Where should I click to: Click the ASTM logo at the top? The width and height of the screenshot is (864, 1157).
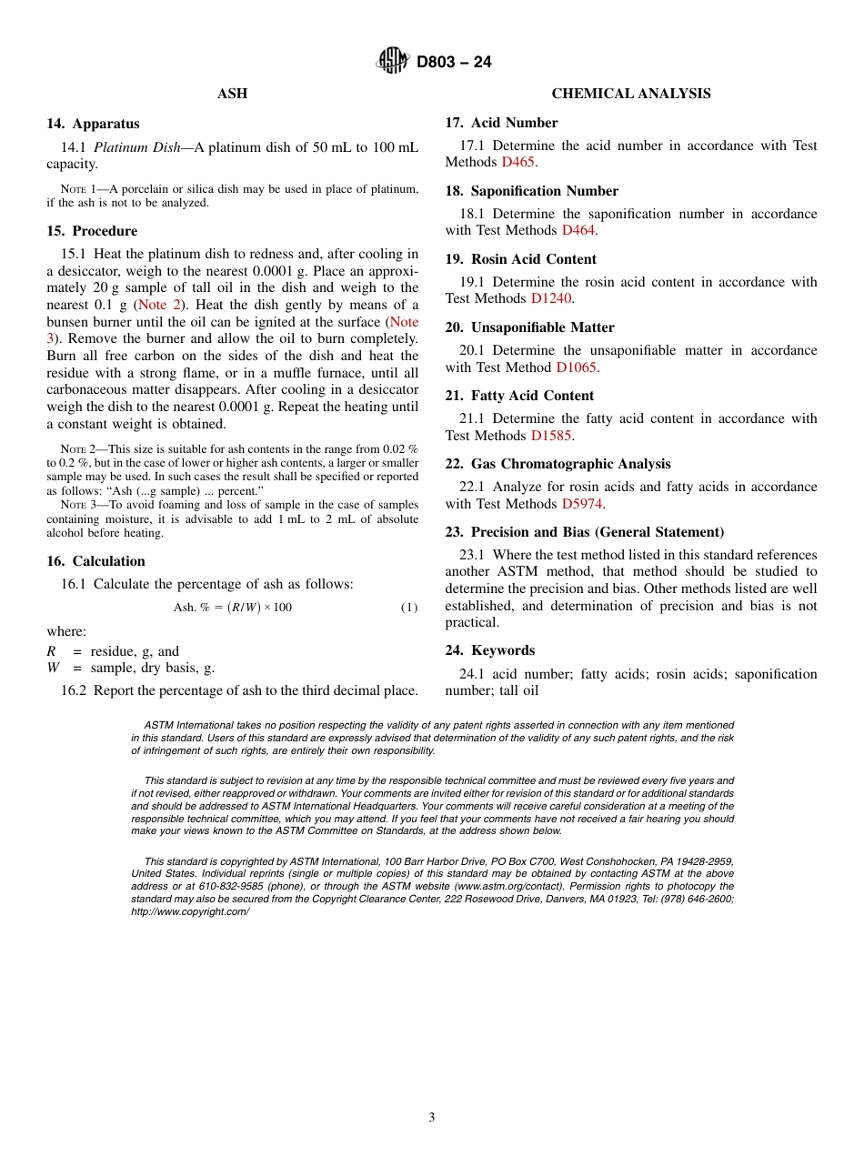pos(394,62)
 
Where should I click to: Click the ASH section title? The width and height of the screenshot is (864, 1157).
pos(232,94)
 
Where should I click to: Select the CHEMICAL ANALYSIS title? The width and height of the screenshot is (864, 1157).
pos(631,94)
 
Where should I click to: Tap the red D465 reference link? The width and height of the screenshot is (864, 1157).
pos(517,162)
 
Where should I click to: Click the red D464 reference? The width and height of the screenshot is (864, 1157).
pos(579,230)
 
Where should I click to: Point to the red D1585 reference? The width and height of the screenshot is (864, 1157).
pos(551,436)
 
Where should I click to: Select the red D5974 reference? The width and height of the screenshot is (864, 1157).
pos(582,504)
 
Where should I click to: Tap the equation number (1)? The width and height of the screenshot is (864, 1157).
pos(409,608)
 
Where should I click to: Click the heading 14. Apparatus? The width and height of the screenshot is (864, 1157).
pos(93,124)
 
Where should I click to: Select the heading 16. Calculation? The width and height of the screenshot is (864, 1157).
pos(95,561)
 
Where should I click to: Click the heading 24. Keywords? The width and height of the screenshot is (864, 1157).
pos(489,650)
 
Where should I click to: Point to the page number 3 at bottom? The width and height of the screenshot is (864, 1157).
pos(432,1118)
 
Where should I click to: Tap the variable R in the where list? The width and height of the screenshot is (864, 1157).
pos(51,651)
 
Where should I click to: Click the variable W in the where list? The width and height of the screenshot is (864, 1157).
pos(52,668)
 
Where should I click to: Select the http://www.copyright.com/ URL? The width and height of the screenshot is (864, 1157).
pos(190,911)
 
